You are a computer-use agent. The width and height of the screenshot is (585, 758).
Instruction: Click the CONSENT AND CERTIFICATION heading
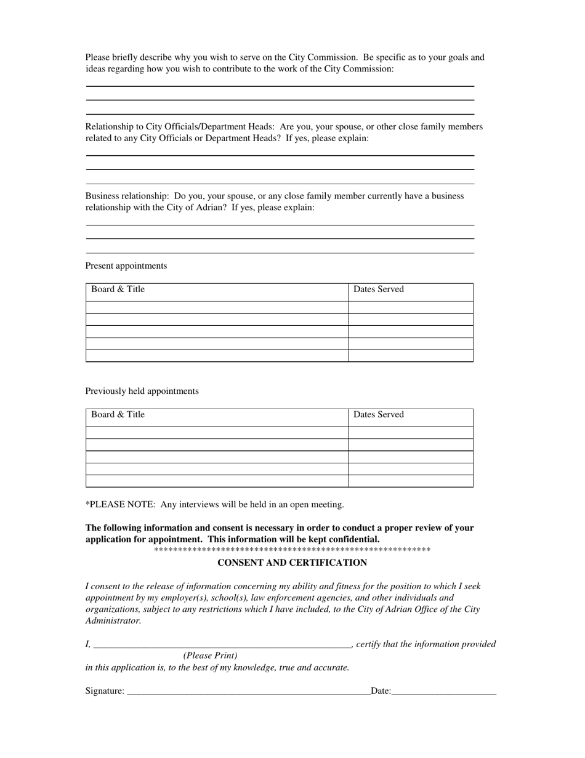pyautogui.click(x=292, y=563)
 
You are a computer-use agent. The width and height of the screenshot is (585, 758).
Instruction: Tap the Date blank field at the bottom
pyautogui.click(x=443, y=690)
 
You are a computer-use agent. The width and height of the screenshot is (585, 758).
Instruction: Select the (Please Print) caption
pyautogui.click(x=210, y=656)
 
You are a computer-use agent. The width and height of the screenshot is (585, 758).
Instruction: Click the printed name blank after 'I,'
pyautogui.click(x=222, y=644)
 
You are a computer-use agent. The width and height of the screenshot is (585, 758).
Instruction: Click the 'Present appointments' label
pyautogui.click(x=126, y=266)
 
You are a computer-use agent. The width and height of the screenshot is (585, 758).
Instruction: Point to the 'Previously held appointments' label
pyautogui.click(x=142, y=391)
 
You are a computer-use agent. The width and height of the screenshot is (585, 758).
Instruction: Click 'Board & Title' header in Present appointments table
pyautogui.click(x=118, y=290)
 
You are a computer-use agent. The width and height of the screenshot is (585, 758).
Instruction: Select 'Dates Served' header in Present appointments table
pyautogui.click(x=379, y=290)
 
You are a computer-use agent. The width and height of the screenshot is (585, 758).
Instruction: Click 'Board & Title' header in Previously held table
pyautogui.click(x=118, y=415)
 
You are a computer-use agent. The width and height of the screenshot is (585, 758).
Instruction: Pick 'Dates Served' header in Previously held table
pyautogui.click(x=379, y=415)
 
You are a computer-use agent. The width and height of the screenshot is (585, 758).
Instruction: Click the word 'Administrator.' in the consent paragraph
pyautogui.click(x=113, y=621)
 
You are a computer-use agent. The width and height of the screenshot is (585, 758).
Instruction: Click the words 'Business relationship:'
pyautogui.click(x=127, y=196)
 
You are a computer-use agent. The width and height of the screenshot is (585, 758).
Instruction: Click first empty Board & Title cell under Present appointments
pyautogui.click(x=217, y=308)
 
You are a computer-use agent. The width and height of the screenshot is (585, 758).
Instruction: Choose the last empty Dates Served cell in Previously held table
pyautogui.click(x=410, y=481)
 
